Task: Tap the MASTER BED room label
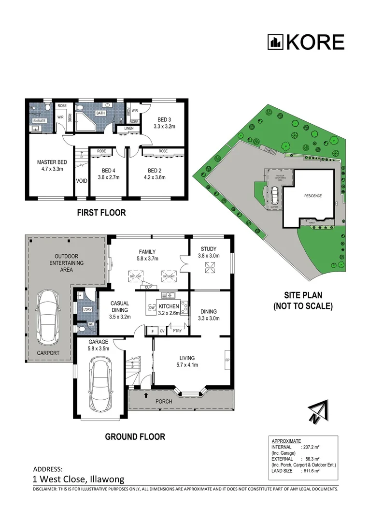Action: click(x=52, y=162)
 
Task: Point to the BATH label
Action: click(x=100, y=113)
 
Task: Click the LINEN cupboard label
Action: click(x=128, y=128)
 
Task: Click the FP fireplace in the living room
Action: click(x=227, y=361)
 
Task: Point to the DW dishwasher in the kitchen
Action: click(x=151, y=307)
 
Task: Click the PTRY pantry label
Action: click(x=177, y=331)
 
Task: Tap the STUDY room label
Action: click(x=209, y=249)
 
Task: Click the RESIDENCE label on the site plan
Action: click(x=312, y=196)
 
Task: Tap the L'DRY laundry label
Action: click(x=87, y=309)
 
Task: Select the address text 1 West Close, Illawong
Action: click(x=78, y=479)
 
